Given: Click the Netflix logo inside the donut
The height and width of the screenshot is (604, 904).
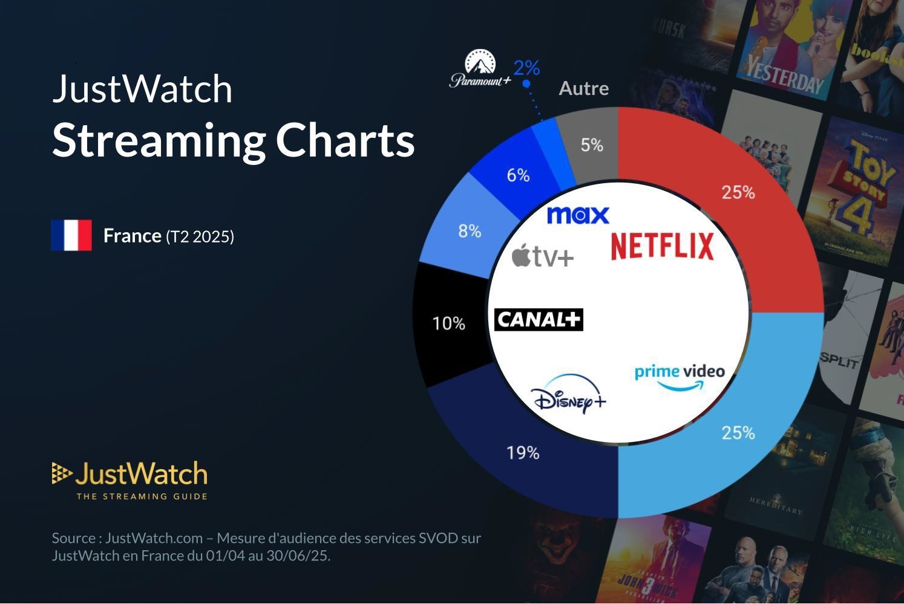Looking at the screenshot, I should pos(662,246).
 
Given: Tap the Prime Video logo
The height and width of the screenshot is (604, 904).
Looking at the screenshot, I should pos(680,377).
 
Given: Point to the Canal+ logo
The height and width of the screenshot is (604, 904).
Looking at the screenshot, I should pos(539,319).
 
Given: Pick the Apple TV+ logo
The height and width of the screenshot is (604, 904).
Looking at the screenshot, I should pos(543,256).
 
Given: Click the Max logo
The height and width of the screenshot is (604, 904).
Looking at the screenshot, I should pos(578,215).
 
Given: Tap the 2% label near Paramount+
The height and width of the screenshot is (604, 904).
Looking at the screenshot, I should pos(526,68).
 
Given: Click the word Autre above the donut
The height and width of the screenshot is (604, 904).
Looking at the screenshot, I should pos(584,88).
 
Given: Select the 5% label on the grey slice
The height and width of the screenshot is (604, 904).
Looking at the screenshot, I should pos(592,145).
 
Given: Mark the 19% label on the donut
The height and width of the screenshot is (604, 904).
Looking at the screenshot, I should pos(523,452).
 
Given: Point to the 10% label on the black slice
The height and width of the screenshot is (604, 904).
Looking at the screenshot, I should pos(449,323).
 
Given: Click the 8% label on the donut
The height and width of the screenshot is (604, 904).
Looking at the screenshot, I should pos(470,231).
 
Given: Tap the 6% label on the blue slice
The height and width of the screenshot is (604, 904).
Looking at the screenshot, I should pos(518,175).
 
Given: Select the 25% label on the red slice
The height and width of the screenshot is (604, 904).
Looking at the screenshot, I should pos(738,192).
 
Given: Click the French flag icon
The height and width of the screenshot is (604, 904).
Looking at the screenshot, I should pos(71,235).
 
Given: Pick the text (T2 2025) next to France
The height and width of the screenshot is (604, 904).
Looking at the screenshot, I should pos(200,236).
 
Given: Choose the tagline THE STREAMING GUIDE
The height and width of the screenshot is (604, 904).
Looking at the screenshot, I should pos(142,496).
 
